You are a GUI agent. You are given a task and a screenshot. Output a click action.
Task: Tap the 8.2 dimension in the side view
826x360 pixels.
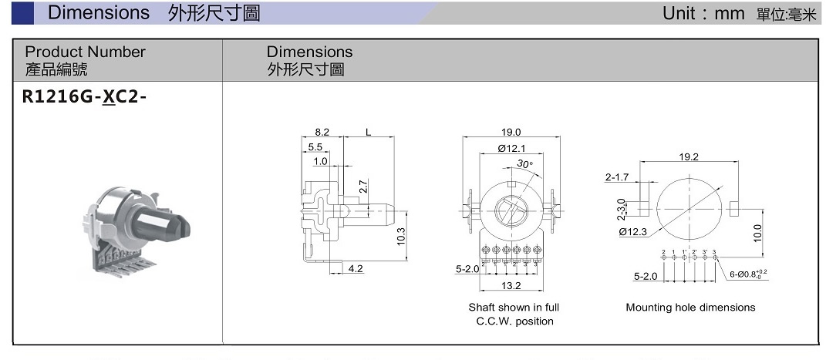322,133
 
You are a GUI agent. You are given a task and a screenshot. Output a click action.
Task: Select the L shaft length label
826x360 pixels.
369,133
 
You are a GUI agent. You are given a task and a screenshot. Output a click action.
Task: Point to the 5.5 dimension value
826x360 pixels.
315,147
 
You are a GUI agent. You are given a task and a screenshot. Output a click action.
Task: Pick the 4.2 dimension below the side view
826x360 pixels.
356,269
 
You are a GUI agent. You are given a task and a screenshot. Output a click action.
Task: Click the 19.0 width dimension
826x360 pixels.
511,133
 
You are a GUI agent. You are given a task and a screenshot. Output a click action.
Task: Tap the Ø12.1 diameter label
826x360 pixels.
511,148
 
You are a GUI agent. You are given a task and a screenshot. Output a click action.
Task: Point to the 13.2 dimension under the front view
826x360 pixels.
511,286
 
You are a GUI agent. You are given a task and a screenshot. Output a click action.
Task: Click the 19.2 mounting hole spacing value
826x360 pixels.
689,156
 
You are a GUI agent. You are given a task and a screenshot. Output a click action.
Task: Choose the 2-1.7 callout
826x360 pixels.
617,177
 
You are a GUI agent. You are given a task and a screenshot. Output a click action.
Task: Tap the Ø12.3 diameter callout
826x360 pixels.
632,231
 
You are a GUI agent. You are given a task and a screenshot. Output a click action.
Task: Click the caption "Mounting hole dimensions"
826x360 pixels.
690,308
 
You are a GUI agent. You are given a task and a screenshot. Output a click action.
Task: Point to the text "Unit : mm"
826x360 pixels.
703,13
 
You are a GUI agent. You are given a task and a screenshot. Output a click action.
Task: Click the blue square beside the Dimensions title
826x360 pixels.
23,12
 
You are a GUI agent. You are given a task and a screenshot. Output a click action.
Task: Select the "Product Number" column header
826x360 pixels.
85,52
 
